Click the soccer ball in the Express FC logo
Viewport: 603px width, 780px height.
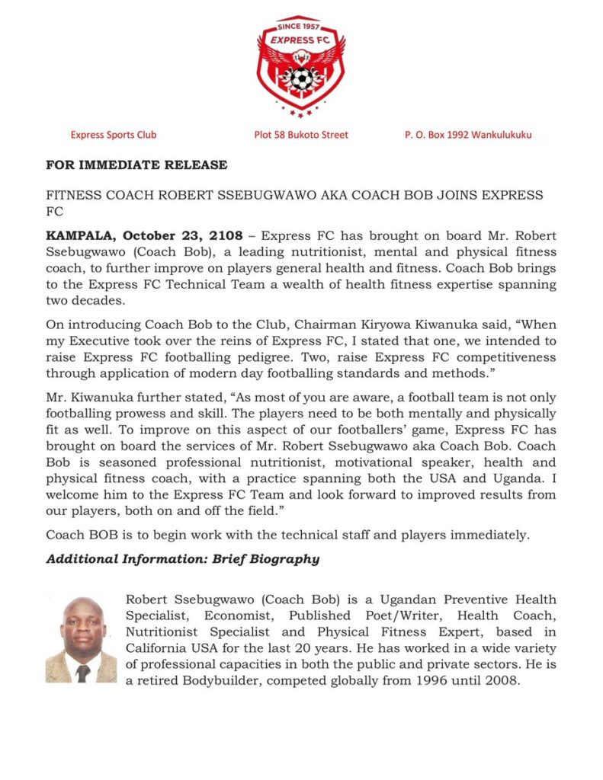(301, 78)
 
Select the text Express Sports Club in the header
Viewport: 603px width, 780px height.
(114, 135)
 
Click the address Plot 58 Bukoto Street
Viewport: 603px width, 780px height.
(301, 135)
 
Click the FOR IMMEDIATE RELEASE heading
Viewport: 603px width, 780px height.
(136, 165)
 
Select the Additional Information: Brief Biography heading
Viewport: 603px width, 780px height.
(183, 559)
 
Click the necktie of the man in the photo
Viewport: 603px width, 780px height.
(82, 673)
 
